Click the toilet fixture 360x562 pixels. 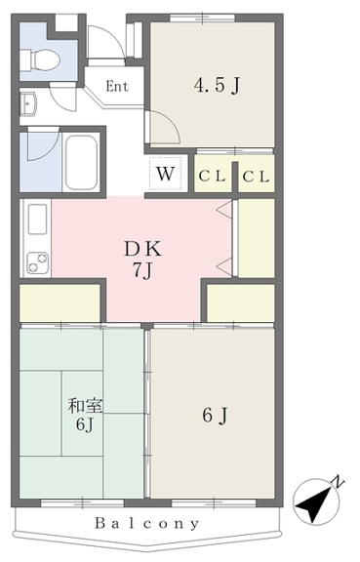(x=39, y=60)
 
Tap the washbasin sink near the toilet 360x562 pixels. (x=28, y=104)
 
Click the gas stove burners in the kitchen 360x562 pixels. (x=38, y=262)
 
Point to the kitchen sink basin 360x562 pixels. (x=38, y=219)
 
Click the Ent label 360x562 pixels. (x=117, y=87)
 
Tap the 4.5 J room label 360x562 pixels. (x=217, y=85)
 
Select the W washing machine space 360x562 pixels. (x=165, y=174)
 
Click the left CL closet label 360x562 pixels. (x=212, y=177)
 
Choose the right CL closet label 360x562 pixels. (x=256, y=177)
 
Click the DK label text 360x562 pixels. (x=142, y=249)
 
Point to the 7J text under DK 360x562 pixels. (x=142, y=270)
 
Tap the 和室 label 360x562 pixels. (x=85, y=406)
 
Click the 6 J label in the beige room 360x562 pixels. (x=215, y=416)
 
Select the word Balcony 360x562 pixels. (x=146, y=524)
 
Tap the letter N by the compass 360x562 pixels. (x=339, y=482)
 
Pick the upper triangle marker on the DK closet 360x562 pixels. (x=225, y=210)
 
